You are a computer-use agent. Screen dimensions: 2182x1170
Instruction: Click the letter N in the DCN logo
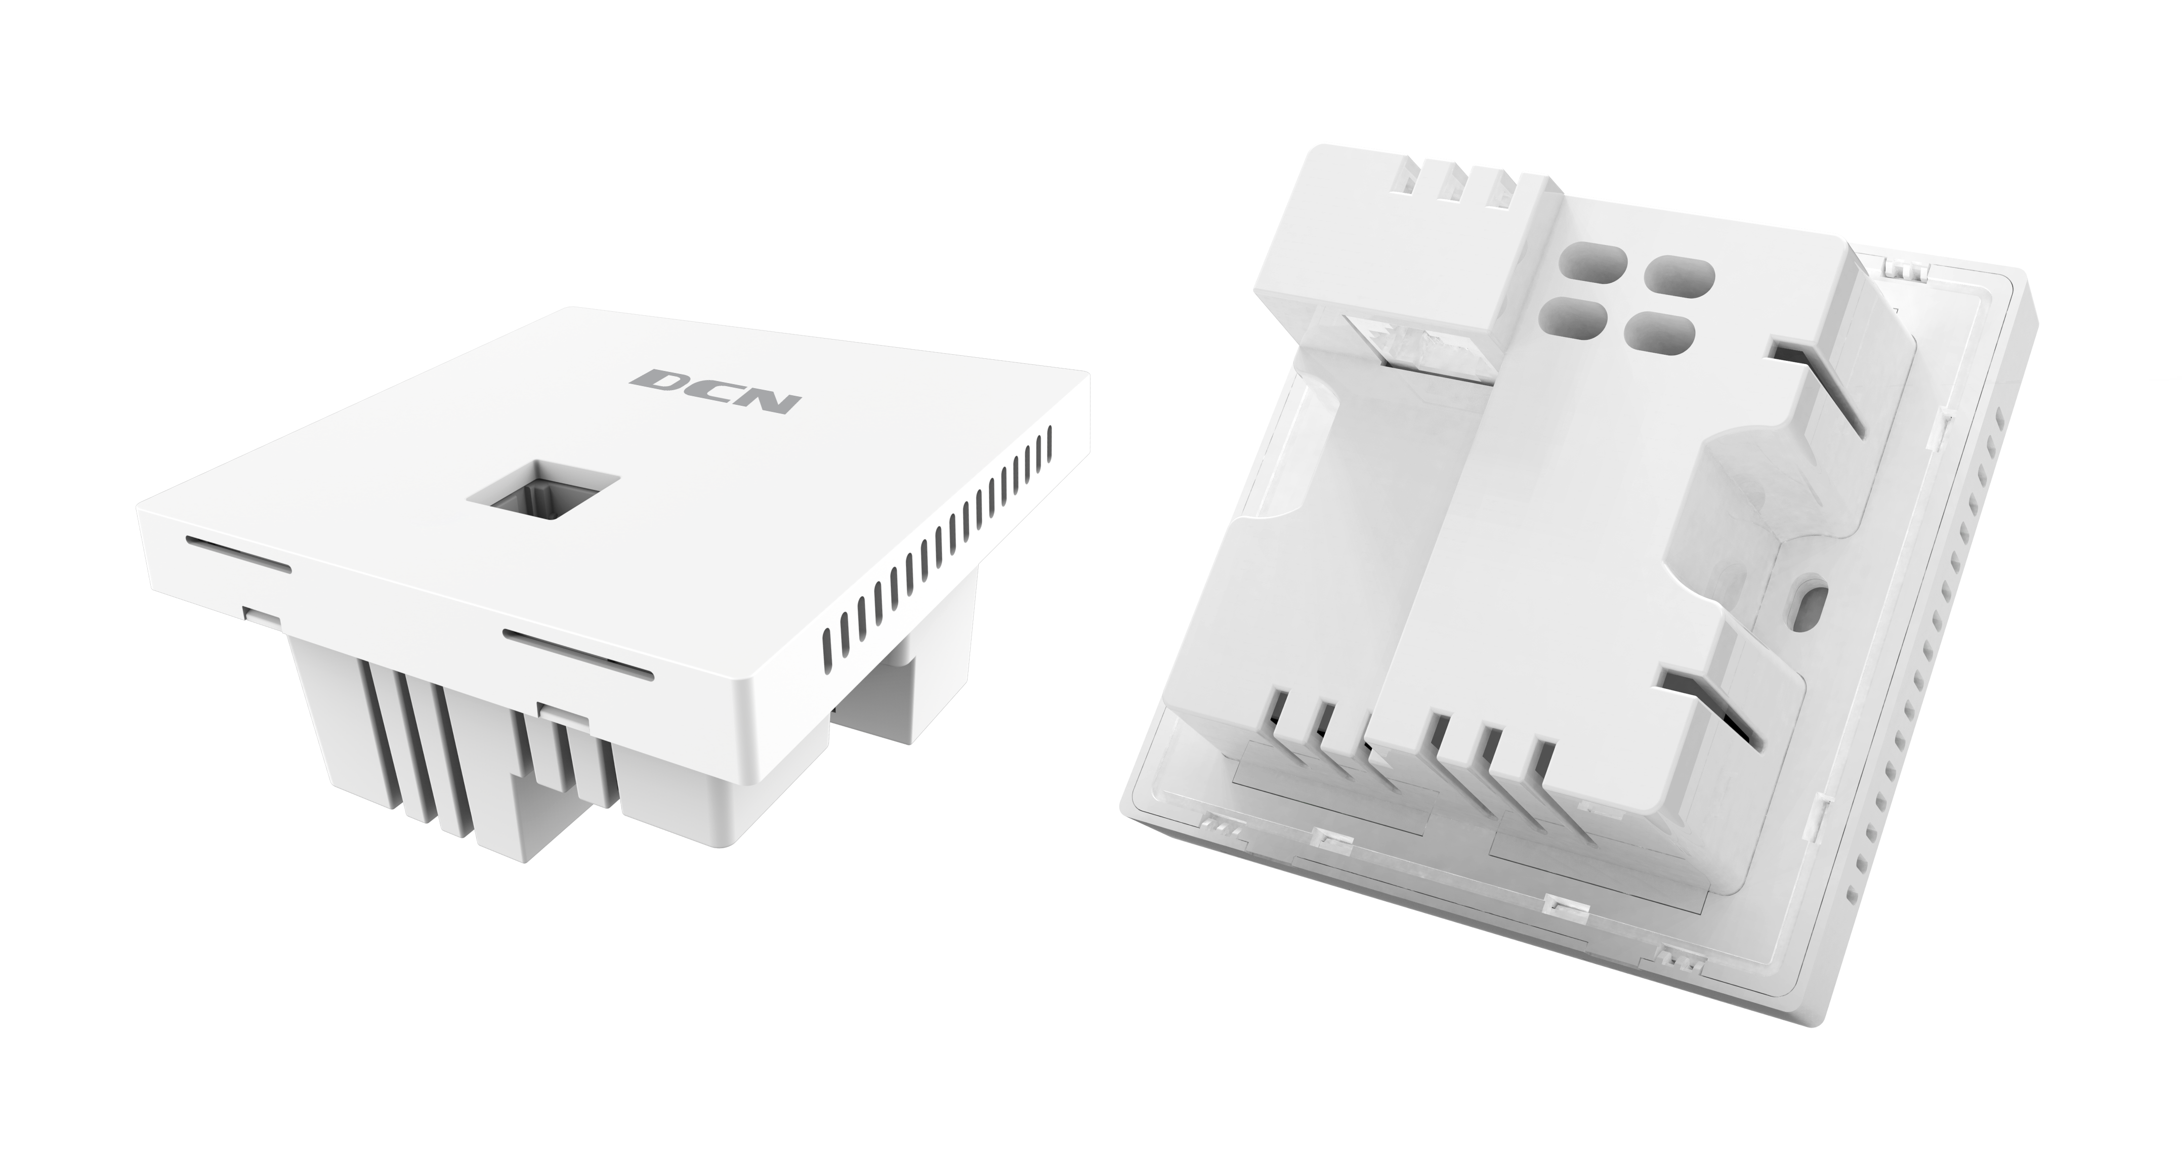coord(768,399)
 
